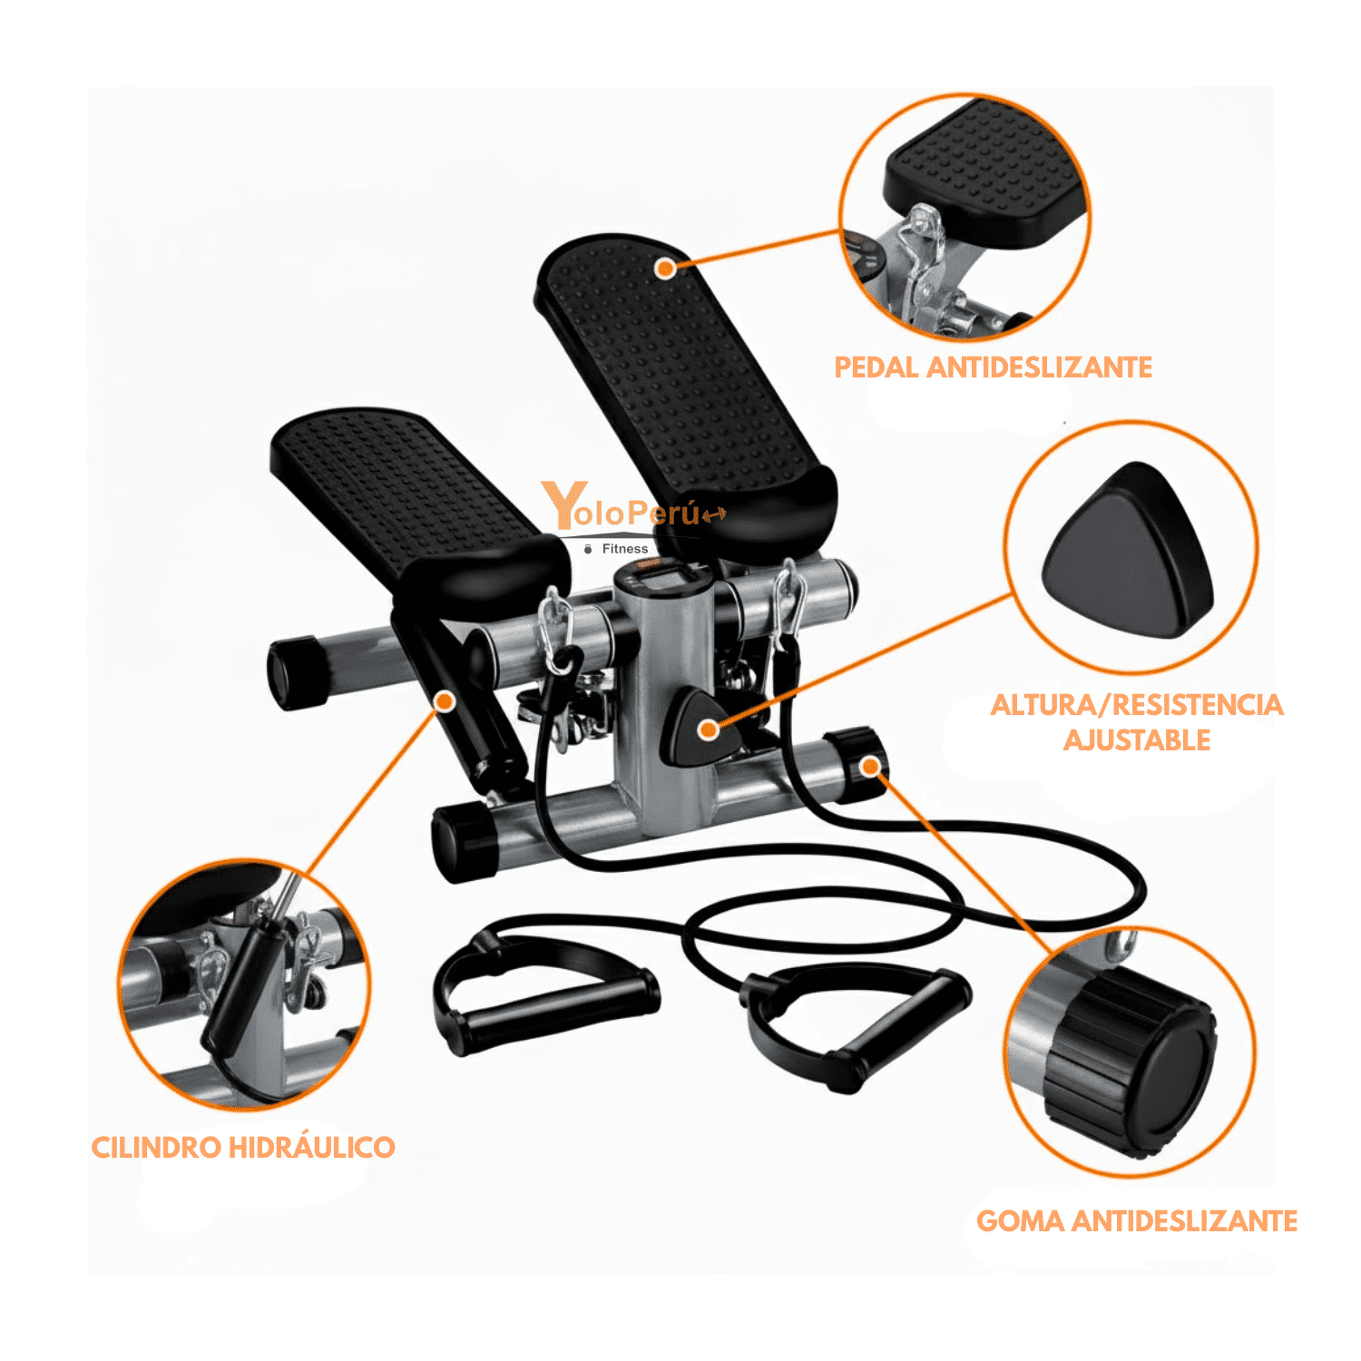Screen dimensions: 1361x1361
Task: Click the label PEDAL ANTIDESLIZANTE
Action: (994, 367)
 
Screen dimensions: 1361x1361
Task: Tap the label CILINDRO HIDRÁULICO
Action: (243, 1148)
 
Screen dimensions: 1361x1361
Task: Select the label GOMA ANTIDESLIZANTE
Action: (1137, 1221)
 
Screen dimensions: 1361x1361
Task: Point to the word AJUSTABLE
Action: (1137, 740)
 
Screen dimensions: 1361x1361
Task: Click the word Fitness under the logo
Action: (625, 549)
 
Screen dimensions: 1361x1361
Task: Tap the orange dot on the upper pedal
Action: (666, 268)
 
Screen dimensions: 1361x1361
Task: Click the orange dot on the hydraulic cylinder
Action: (445, 701)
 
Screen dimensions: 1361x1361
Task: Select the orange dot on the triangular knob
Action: (709, 729)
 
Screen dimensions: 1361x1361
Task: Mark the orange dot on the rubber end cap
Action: (870, 767)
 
